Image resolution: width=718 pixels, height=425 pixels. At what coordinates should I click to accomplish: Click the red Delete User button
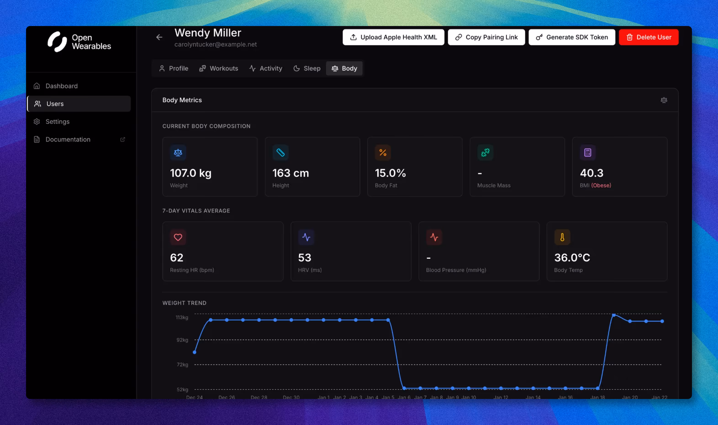point(648,37)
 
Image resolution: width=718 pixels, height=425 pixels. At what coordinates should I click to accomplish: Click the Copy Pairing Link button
point(486,37)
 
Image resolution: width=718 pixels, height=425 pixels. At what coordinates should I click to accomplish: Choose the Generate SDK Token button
point(572,37)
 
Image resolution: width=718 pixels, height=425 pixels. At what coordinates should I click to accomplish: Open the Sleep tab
point(307,68)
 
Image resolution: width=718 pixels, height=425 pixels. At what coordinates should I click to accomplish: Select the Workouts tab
point(219,68)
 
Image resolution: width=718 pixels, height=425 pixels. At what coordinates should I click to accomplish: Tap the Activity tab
point(266,68)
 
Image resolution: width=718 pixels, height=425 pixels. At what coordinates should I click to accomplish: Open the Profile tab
point(174,68)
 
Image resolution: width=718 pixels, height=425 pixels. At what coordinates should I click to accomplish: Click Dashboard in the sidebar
point(61,86)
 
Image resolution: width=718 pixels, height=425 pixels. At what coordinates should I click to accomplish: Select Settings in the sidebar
point(57,121)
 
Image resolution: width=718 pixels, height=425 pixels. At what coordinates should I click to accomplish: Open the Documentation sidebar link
point(68,139)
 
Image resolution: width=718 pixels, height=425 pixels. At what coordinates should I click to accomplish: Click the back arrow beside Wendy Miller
point(159,37)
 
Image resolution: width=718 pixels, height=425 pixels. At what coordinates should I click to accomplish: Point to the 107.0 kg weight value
point(190,173)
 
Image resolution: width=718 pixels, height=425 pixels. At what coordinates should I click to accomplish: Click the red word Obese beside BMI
point(601,185)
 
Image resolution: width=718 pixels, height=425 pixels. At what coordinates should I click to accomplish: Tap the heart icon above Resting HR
point(178,237)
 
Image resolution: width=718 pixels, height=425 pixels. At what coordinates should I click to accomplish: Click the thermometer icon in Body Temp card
point(562,237)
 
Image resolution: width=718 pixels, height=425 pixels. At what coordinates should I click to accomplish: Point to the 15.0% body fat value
point(390,173)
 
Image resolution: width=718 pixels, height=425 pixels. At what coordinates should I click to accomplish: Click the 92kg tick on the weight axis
point(182,340)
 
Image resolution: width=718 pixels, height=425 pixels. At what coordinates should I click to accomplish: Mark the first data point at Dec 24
point(195,352)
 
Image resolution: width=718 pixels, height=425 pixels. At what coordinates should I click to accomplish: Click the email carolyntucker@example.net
point(215,44)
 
